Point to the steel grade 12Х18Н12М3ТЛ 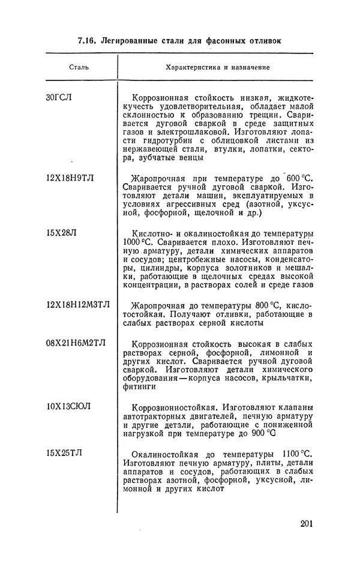(79, 305)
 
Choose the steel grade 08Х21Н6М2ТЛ (76, 343)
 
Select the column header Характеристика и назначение (217, 67)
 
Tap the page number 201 (306, 526)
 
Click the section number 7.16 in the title (88, 41)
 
